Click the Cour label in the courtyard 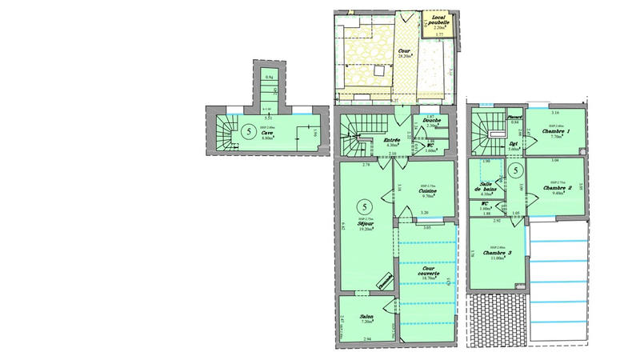pos(405,52)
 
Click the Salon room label pos(366,316)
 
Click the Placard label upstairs pos(514,116)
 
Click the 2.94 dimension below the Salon pos(367,340)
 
